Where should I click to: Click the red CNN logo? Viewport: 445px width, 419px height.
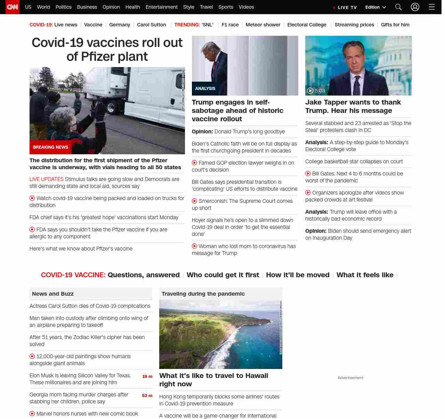pos(13,7)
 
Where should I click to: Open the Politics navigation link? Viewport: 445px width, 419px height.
pos(63,7)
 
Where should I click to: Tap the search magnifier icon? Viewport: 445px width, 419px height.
pos(398,7)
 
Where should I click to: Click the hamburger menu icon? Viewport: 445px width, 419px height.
pos(431,7)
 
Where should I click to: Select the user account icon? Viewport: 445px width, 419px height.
pos(415,7)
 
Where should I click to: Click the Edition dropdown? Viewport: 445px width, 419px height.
pos(375,7)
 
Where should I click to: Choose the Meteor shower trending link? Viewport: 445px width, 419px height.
pos(263,25)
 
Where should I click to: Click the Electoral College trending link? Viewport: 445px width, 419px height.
pos(307,25)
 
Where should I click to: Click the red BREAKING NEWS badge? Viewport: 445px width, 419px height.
pos(50,147)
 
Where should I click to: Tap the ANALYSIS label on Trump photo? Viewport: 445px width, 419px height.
pos(205,89)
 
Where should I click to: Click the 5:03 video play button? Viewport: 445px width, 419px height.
pos(310,91)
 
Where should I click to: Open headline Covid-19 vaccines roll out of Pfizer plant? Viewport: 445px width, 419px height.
pos(107,49)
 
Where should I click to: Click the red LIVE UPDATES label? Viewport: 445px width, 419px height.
pos(47,179)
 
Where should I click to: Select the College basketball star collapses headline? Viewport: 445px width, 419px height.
pos(354,162)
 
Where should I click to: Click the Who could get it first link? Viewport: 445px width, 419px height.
pos(223,275)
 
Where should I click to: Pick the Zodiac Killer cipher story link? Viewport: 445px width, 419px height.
pos(87,340)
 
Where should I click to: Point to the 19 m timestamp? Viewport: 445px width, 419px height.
pos(147,377)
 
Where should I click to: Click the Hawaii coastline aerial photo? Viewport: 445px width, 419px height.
pos(220,334)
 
